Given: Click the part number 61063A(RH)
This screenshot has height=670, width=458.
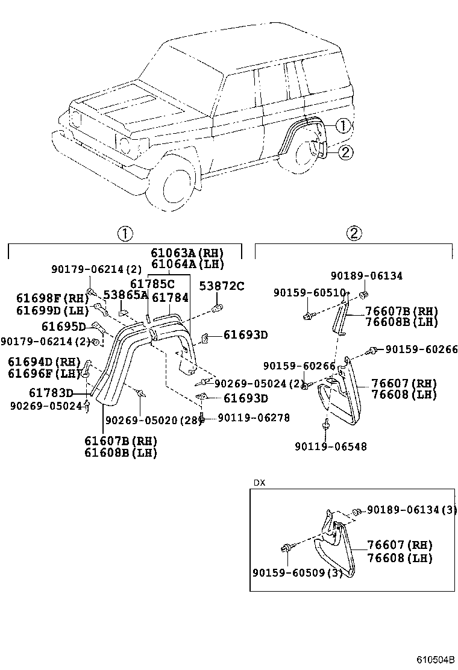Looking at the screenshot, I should (187, 252).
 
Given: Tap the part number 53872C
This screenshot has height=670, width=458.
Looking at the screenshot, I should (223, 286).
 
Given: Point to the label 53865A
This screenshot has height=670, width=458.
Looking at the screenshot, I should (125, 295).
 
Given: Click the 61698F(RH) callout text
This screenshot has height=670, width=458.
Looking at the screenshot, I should (44, 298).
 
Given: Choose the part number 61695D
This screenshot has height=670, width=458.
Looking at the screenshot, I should (63, 327).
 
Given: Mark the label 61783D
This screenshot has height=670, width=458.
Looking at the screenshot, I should (51, 393).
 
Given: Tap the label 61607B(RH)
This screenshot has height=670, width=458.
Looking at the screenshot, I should (120, 441).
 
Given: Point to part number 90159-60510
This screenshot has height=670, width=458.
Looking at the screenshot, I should (309, 292).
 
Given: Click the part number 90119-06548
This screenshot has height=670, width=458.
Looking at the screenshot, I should (330, 446).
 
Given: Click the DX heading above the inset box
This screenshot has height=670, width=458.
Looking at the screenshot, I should (259, 483).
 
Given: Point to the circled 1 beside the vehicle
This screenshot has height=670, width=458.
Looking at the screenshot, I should (342, 126).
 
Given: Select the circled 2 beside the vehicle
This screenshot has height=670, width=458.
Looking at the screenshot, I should (345, 152).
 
